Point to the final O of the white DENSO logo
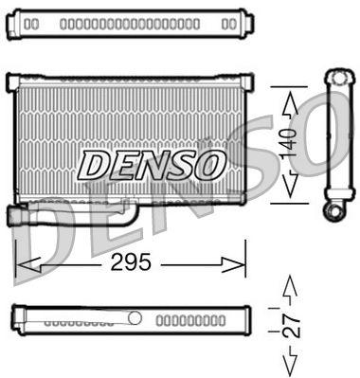208,165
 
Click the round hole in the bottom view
135,316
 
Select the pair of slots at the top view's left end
31,22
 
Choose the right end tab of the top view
246,22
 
